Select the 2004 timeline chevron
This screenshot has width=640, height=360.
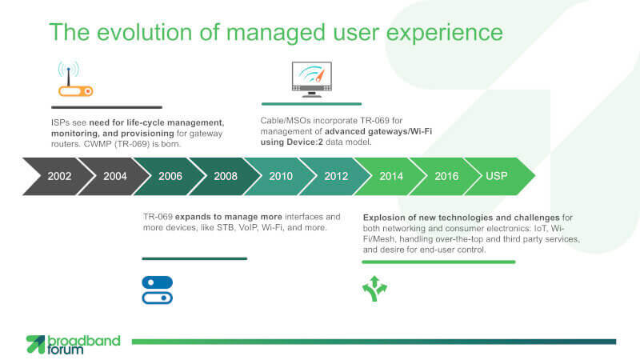point(114,176)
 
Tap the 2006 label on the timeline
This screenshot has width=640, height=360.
point(170,176)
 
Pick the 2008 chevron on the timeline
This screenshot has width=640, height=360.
point(226,176)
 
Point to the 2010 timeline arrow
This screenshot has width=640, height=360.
point(281,176)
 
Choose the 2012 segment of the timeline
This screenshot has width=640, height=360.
point(336,176)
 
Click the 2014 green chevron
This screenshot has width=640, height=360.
point(391,176)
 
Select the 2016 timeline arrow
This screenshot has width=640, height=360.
point(446,176)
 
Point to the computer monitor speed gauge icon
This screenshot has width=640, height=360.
point(312,79)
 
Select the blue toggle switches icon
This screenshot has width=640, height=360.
point(157,290)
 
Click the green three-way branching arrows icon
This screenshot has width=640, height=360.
point(374,289)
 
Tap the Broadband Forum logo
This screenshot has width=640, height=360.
point(74,345)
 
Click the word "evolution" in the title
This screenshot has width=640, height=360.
point(145,32)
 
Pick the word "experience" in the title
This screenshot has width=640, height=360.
point(445,33)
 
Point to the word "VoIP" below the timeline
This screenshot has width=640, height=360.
point(248,227)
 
